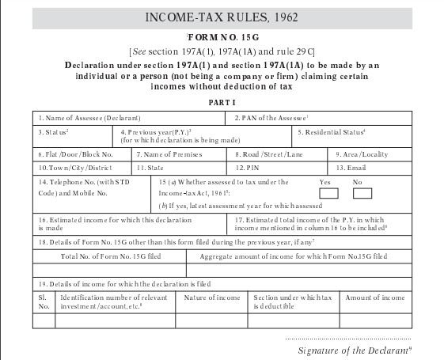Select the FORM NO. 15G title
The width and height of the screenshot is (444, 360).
point(222,38)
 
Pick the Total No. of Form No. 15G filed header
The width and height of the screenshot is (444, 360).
point(110,256)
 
